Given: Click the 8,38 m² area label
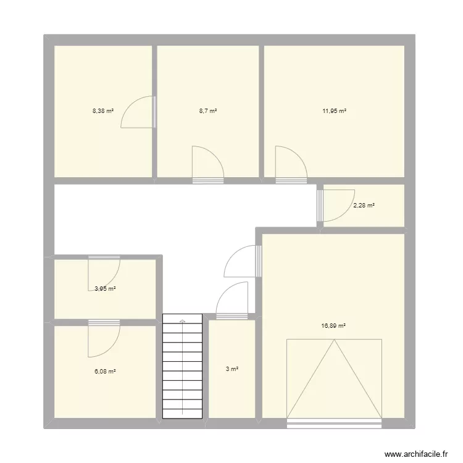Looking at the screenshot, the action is click(x=103, y=111).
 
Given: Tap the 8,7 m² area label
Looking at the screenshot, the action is click(x=208, y=111).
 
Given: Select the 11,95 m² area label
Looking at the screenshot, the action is click(x=334, y=111).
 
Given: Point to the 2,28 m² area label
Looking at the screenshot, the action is click(x=364, y=205).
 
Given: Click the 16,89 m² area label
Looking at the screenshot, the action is click(x=333, y=326).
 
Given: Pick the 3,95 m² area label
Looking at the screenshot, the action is click(x=105, y=289).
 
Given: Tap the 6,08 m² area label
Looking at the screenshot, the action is click(x=105, y=372).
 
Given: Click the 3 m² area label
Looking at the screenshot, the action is click(x=232, y=369).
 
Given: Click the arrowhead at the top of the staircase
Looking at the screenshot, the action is click(x=183, y=320).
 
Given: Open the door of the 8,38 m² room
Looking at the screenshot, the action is click(x=138, y=112).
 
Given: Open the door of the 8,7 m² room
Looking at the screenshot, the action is click(x=208, y=165).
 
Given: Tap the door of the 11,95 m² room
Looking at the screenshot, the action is click(x=291, y=165).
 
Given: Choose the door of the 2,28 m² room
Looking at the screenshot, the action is click(x=336, y=206).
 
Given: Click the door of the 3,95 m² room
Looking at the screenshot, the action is click(x=104, y=273).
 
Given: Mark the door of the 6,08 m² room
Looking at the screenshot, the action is click(x=104, y=339).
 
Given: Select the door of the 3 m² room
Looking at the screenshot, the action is click(x=231, y=301).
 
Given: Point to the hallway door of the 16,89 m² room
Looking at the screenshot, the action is click(x=243, y=261).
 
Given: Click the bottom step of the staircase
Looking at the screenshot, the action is click(x=183, y=414).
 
